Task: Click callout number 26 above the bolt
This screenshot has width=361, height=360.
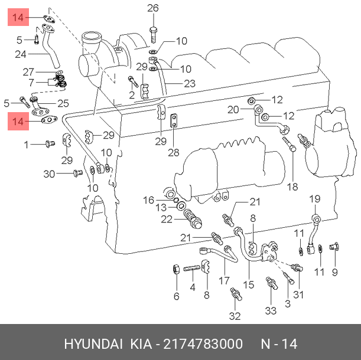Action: [153, 8]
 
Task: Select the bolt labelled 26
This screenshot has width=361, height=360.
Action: [153, 32]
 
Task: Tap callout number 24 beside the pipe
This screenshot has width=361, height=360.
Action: [21, 55]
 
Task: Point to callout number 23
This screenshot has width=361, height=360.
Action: [189, 84]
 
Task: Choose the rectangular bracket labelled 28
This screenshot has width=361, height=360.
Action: [174, 121]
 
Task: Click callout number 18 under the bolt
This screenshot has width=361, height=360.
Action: [292, 187]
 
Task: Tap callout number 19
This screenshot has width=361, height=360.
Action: [314, 199]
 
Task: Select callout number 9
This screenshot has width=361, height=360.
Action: [334, 272]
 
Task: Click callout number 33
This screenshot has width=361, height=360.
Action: [271, 311]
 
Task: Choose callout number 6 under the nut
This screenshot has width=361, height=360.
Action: [176, 296]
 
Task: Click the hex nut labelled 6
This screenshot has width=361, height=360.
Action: [175, 271]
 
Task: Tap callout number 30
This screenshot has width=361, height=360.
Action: [49, 174]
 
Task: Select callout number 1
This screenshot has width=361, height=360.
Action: [26, 144]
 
